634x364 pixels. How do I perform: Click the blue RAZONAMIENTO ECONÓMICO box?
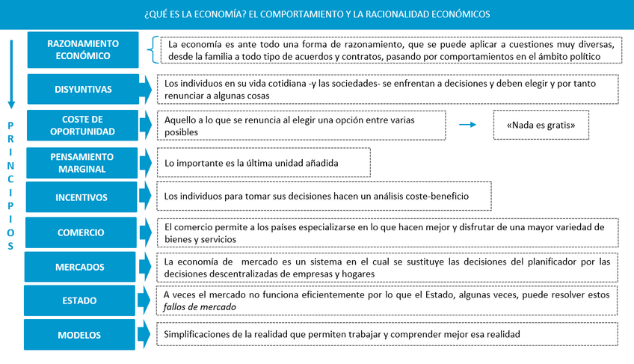click(x=83, y=49)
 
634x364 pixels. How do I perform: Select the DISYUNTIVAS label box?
click(x=83, y=90)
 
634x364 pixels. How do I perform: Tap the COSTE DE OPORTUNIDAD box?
click(x=83, y=126)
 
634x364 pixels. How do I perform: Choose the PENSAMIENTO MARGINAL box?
click(x=83, y=163)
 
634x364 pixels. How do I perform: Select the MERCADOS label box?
click(x=80, y=267)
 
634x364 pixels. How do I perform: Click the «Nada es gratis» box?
click(x=540, y=126)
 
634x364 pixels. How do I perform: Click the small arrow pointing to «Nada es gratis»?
click(x=467, y=125)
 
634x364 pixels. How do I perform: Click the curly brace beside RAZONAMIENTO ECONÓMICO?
click(x=153, y=49)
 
